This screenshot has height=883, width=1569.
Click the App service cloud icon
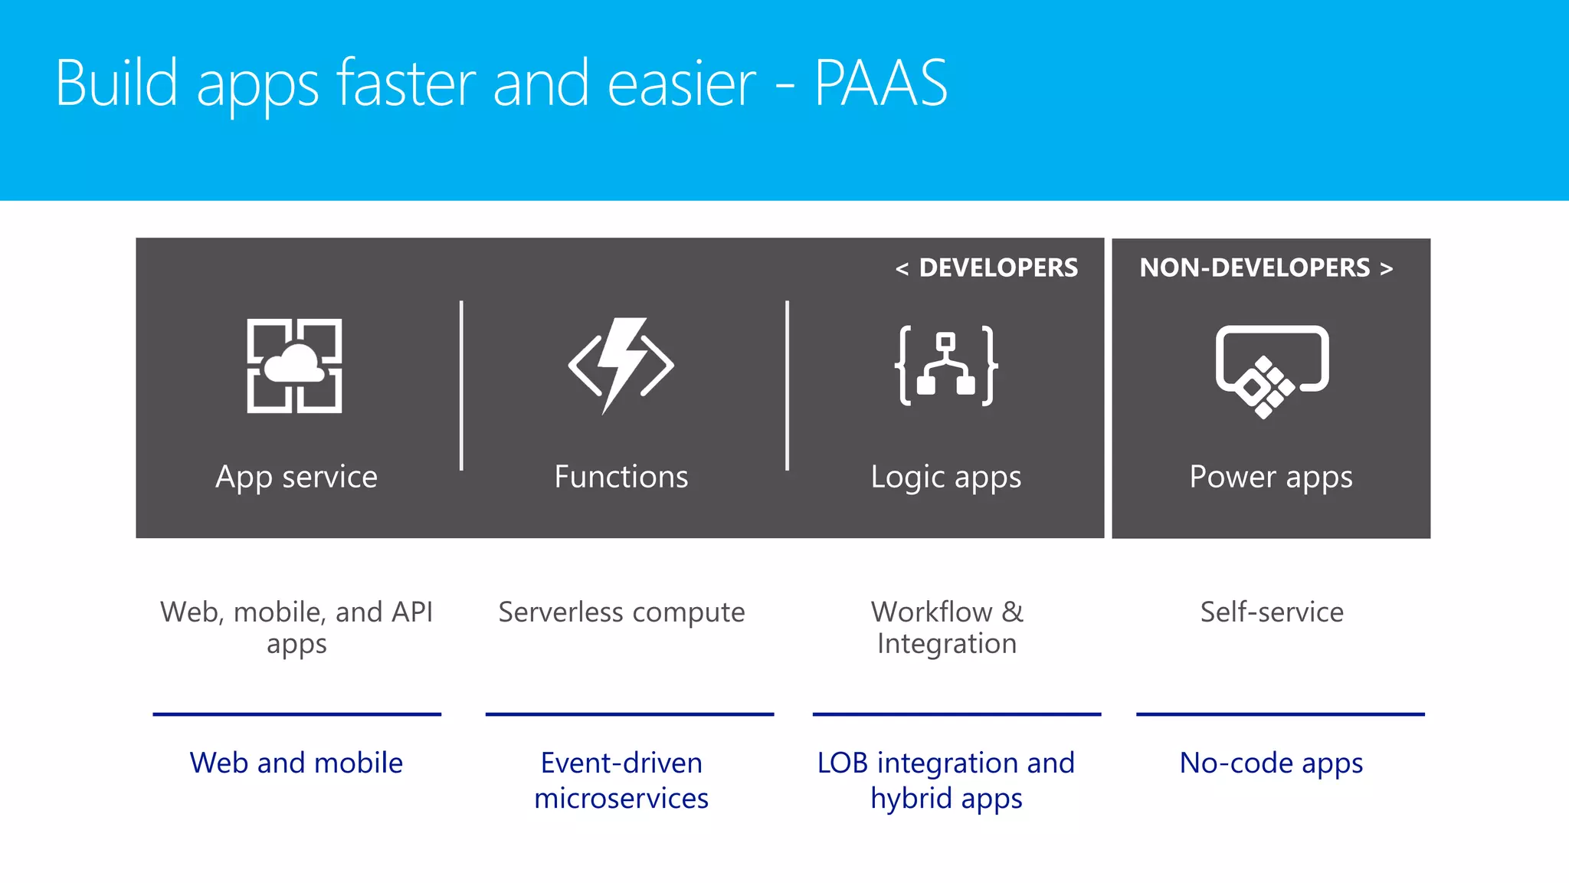click(x=294, y=366)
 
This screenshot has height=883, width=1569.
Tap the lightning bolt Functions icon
click(x=621, y=365)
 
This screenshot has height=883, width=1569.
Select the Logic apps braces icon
click(x=946, y=365)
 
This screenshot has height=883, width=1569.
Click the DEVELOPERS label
click(x=997, y=268)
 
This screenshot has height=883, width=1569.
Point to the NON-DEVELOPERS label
click(x=1255, y=268)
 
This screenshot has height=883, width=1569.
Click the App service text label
click(x=296, y=477)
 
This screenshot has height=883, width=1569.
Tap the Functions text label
click(x=621, y=477)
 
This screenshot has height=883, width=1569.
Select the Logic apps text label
click(x=946, y=478)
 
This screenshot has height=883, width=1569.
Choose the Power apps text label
click(x=1271, y=478)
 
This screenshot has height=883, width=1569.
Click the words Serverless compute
click(x=621, y=612)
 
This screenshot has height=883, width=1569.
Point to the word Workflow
click(x=932, y=612)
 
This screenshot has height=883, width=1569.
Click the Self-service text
click(x=1272, y=612)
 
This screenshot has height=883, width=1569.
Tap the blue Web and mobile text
click(x=296, y=763)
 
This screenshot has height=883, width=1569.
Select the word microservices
click(x=621, y=799)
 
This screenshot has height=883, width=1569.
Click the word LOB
click(x=842, y=763)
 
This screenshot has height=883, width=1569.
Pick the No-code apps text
click(x=1271, y=763)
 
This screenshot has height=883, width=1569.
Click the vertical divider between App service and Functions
click(x=461, y=386)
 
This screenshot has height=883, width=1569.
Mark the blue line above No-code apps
click(x=1280, y=714)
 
